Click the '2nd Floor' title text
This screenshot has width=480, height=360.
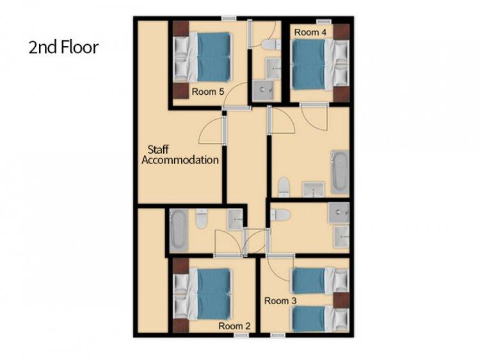63,47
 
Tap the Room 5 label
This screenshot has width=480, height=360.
208,92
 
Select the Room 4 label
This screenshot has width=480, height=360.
310,32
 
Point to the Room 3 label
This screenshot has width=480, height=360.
280,301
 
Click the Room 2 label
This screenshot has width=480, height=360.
234,326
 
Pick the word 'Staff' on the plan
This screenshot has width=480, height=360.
158,149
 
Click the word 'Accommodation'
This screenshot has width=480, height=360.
180,160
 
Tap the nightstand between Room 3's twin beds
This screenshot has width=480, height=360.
341,300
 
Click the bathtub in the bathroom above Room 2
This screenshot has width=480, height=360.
178,230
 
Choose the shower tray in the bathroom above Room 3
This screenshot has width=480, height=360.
339,212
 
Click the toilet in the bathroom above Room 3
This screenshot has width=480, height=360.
280,215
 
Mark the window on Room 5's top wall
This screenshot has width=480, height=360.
229,19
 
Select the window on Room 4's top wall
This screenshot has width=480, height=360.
324,21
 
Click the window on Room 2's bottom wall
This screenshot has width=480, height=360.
241,335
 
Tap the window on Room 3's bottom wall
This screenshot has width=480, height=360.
278,335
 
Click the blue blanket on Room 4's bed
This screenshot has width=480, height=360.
308,65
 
